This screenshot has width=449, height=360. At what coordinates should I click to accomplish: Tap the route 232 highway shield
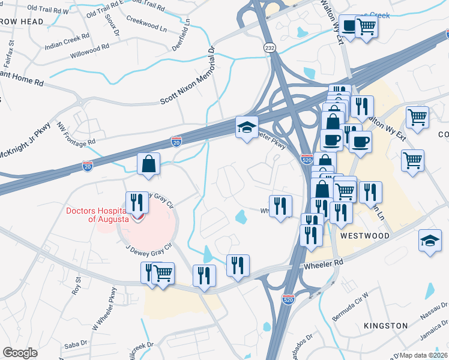pos(270,46)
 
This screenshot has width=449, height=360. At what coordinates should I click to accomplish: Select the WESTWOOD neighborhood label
pos(365,236)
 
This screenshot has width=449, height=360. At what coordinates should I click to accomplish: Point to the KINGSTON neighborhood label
pos(385,325)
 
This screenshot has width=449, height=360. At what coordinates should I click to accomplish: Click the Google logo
pos(20,353)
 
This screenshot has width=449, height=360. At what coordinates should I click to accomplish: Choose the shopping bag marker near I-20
pos(148,164)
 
